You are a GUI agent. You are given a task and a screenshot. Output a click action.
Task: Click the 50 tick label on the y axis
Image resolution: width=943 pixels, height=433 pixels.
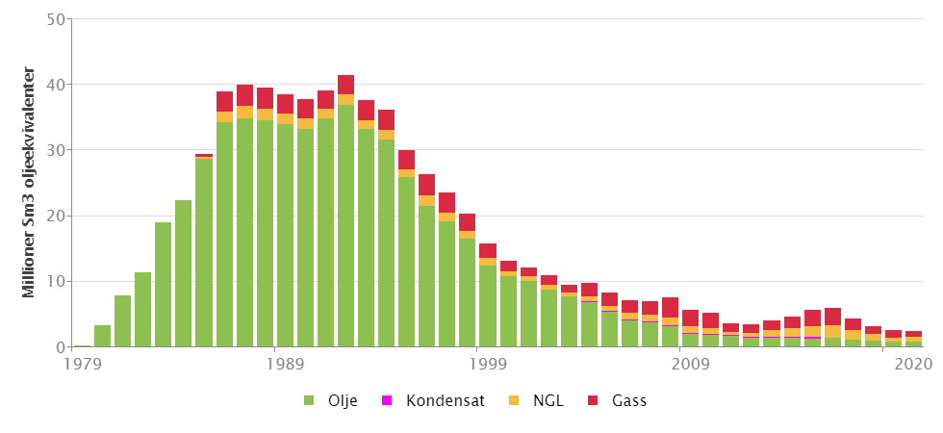(x=56, y=19)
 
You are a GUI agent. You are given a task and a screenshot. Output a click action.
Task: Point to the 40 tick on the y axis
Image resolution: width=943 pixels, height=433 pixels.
(x=56, y=85)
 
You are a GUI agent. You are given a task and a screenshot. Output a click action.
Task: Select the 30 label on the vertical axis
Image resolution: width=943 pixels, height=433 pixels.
(x=56, y=150)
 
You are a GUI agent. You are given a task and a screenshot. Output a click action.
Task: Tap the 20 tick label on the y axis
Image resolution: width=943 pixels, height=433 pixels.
(x=56, y=216)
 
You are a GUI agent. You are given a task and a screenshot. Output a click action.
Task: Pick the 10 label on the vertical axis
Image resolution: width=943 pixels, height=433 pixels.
(x=56, y=281)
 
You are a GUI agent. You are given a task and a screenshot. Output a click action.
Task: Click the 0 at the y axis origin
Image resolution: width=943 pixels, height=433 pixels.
(x=61, y=346)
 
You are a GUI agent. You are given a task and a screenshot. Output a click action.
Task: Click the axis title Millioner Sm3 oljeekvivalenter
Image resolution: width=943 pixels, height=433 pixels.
(x=29, y=182)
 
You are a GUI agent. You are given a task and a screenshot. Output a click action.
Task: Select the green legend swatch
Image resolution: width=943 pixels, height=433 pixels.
(x=309, y=400)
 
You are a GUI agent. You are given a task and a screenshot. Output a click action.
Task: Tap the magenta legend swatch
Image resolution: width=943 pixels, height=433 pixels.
(x=387, y=400)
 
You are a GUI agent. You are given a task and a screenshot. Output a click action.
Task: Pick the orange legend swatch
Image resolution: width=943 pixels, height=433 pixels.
(x=514, y=400)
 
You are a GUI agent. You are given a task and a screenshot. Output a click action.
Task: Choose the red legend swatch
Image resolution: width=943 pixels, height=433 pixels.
(x=593, y=400)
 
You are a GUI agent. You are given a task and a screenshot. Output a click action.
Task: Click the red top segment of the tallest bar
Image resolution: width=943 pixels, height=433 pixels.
(x=345, y=85)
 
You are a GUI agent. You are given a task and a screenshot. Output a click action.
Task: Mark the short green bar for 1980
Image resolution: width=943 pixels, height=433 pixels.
(x=102, y=336)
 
